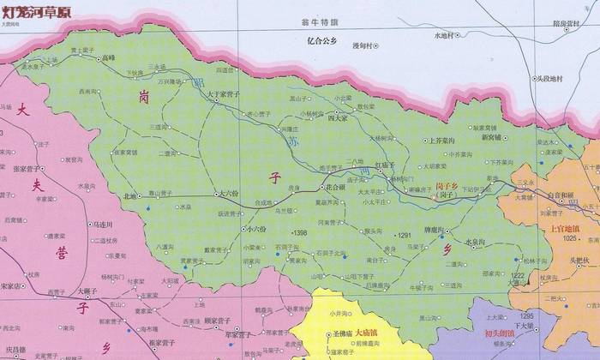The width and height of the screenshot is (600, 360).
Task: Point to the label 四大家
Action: pos(342,119)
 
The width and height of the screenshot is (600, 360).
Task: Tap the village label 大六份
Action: pos(231,194)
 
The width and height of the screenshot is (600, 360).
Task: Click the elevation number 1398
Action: pos(300,233)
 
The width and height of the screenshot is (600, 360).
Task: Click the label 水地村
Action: pos(447,36)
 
